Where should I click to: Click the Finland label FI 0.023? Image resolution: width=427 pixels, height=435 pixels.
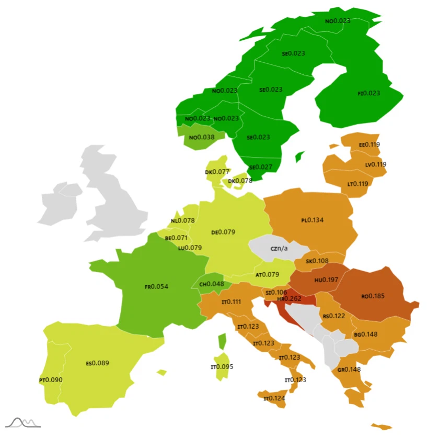368,93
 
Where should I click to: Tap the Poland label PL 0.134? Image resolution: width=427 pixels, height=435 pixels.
312,220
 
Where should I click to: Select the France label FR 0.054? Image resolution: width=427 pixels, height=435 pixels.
157,286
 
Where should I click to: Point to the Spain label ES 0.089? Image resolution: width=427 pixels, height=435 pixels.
97,363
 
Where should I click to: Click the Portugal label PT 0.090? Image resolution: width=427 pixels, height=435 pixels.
51,380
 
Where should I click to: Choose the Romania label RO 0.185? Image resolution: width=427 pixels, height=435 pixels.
373,296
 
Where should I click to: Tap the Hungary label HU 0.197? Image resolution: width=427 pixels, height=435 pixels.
327,280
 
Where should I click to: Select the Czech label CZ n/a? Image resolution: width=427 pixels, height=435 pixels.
279,248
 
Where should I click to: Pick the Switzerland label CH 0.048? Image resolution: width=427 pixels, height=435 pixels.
211,284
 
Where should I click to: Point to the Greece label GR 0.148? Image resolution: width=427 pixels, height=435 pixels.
350,370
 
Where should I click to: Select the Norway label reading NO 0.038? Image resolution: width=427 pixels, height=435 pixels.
202,137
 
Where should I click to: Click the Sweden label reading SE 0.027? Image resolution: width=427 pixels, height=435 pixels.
261,167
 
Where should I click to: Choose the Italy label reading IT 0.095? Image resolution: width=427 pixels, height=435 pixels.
222,366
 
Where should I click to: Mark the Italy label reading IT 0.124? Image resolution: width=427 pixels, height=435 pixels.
274,398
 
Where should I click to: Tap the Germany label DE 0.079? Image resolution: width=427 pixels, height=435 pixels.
223,232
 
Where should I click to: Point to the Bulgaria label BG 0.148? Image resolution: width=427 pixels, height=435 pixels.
366,334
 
